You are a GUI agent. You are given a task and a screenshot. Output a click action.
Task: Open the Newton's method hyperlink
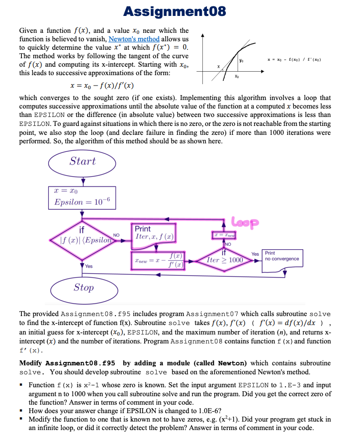[134, 39]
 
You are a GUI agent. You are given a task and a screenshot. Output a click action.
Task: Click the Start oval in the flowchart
[83, 162]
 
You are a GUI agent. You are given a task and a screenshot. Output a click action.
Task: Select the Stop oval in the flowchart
[83, 287]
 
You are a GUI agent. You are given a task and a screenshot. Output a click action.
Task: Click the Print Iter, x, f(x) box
[155, 233]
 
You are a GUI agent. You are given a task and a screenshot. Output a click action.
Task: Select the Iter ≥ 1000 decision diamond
[224, 259]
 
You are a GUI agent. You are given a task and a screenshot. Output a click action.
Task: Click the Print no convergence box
[282, 259]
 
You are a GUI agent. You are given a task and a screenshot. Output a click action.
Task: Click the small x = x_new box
[224, 234]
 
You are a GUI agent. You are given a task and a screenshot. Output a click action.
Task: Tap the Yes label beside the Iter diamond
[255, 254]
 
